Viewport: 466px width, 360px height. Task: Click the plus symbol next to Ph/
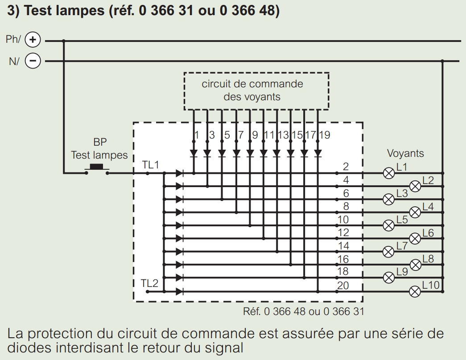click(x=33, y=40)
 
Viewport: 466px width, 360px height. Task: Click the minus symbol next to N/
click(x=33, y=61)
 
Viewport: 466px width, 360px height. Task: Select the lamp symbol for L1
click(x=389, y=173)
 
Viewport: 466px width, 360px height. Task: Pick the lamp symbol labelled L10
click(x=415, y=291)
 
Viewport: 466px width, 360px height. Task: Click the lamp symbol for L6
click(x=415, y=238)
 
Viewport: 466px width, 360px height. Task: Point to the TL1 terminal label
click(x=150, y=165)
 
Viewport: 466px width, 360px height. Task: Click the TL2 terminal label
click(x=149, y=283)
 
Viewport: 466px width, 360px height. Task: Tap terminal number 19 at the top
click(x=325, y=135)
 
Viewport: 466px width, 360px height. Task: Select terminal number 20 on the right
click(x=343, y=286)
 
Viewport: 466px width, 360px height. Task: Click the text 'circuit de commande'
click(x=252, y=84)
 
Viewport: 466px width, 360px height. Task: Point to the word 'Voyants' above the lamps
click(x=405, y=153)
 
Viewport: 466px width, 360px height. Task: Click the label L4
click(x=428, y=206)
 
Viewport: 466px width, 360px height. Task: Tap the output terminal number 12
click(x=343, y=233)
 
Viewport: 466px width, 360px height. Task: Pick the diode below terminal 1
click(x=194, y=154)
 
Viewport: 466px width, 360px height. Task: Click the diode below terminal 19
click(x=318, y=154)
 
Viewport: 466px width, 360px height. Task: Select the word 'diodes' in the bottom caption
click(x=29, y=348)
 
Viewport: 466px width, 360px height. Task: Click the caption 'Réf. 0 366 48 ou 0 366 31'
click(x=303, y=311)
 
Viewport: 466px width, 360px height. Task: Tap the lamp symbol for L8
click(x=416, y=265)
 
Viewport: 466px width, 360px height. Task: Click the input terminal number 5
click(x=227, y=135)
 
